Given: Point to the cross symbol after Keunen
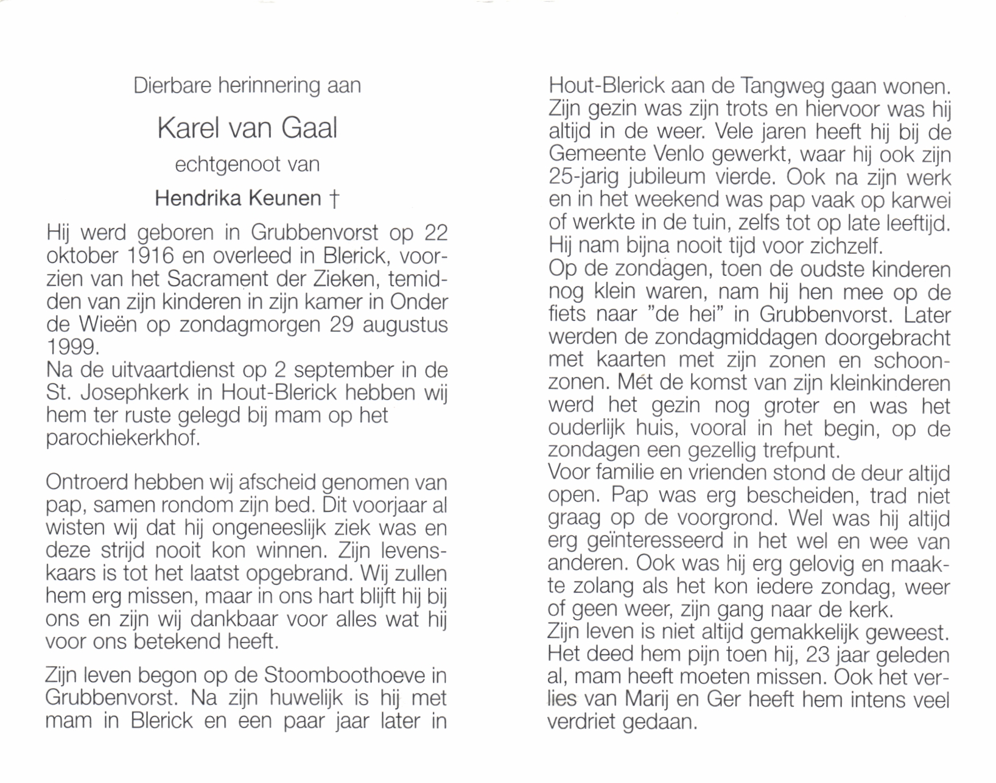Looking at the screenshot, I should point(333,198).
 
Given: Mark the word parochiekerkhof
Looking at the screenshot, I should point(122,438).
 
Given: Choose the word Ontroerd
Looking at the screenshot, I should point(86,482).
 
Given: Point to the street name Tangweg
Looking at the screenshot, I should point(782,86).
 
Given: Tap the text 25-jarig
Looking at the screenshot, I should point(584,177).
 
